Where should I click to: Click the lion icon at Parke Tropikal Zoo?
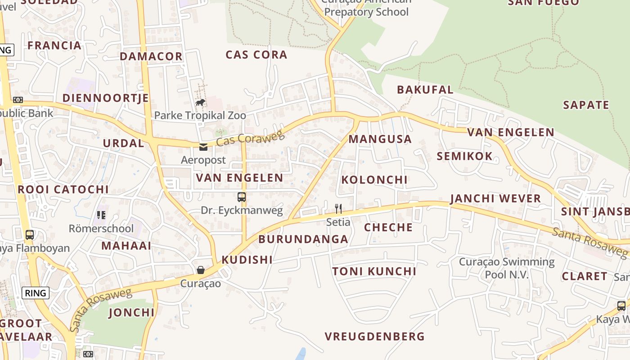click(201, 103)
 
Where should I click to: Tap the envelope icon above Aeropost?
click(203, 147)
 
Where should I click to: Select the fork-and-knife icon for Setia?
click(338, 208)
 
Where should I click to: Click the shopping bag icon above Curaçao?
click(201, 270)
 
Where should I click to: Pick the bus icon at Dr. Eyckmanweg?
click(242, 197)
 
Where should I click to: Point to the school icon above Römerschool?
click(101, 215)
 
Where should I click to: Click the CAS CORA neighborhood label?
click(256, 55)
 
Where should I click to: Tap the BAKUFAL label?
click(425, 90)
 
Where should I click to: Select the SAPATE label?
click(586, 105)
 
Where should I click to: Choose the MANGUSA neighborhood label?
click(380, 139)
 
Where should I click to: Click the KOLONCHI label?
click(374, 180)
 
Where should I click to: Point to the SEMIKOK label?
click(464, 157)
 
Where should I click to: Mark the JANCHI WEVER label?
click(495, 198)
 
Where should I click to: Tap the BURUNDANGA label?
click(303, 239)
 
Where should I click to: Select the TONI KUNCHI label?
click(374, 271)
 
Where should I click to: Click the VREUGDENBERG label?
click(374, 336)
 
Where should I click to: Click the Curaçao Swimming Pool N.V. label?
click(507, 268)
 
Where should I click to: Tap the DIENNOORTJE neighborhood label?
click(105, 98)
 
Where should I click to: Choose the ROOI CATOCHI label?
click(63, 189)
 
